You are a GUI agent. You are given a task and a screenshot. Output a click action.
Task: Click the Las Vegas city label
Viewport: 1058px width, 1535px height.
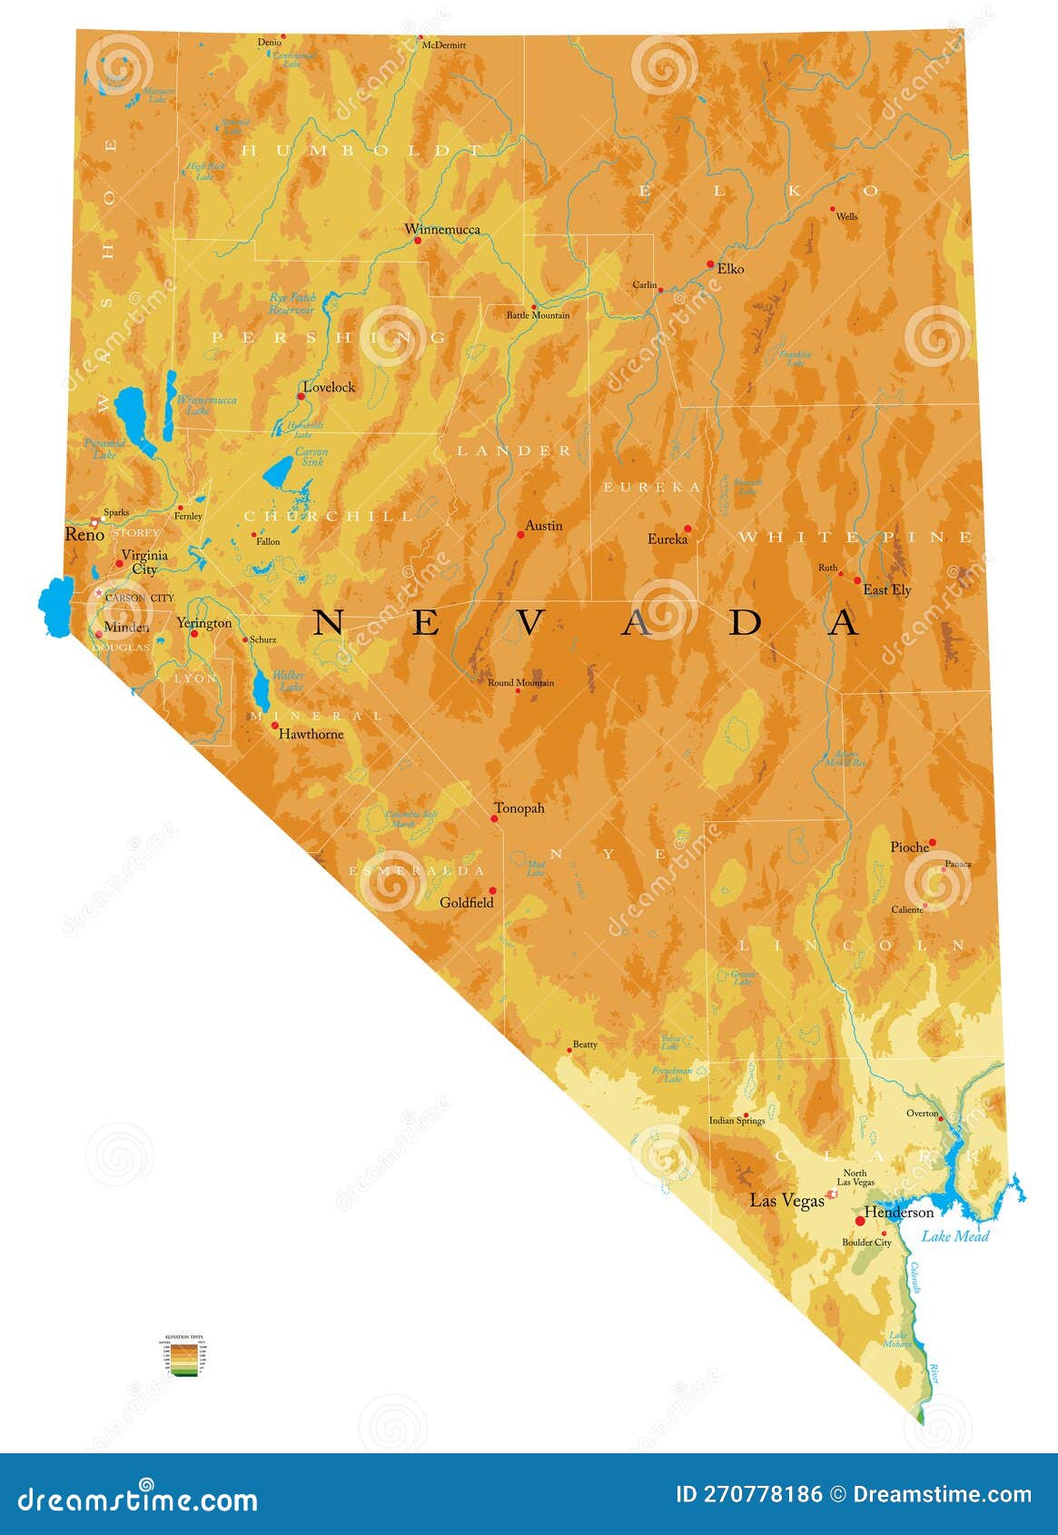point(786,1201)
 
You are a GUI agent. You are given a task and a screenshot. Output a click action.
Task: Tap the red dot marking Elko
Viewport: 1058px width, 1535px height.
point(710,264)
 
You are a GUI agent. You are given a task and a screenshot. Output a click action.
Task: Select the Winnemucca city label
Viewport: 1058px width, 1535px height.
point(442,229)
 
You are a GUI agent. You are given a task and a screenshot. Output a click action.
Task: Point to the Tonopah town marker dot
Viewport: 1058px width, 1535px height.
point(494,818)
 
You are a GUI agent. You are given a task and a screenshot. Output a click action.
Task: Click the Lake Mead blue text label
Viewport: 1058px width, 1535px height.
point(954,1235)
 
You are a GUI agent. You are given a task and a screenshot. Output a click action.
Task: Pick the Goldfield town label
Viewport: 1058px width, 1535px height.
point(467,903)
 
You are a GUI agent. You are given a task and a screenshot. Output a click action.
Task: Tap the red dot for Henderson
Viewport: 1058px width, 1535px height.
point(859,1221)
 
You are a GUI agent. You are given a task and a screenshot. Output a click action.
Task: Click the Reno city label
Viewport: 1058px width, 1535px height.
point(84,535)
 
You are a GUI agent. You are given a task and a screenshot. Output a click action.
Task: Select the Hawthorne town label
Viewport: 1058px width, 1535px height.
point(311,734)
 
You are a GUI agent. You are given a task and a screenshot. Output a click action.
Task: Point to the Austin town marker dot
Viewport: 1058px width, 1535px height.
point(520,535)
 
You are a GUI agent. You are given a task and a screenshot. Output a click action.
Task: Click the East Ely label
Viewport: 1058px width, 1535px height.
point(886,590)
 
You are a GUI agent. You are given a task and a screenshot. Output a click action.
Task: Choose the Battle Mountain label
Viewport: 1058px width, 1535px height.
point(538,315)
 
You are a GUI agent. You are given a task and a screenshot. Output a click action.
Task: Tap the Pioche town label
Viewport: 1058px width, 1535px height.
point(909,847)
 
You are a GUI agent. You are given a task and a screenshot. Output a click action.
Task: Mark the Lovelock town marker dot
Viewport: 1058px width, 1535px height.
point(301,396)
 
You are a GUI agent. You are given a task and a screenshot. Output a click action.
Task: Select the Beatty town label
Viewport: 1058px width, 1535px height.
point(585,1045)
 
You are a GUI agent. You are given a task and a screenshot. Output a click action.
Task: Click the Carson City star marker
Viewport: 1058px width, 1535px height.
point(99,592)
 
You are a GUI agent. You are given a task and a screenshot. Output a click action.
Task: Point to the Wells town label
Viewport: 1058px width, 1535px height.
point(846,217)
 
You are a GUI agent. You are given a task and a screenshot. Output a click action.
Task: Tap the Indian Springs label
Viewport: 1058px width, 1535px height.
point(737,1121)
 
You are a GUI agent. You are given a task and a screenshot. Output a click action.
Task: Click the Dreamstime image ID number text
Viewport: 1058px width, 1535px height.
point(749,1495)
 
